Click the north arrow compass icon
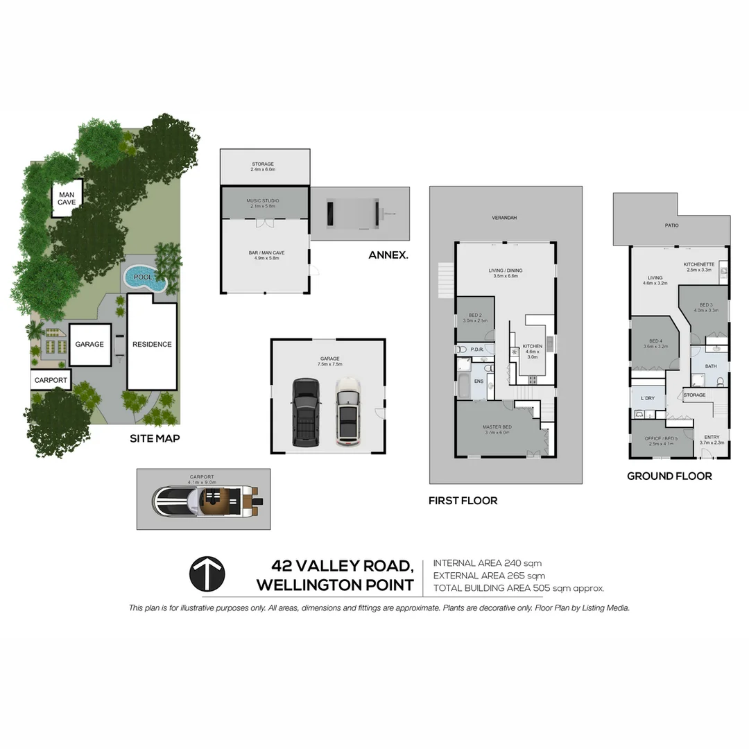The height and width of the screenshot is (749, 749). pos(207,574)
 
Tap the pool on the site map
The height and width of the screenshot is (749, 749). pos(145,278)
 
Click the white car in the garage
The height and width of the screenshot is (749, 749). pos(347,411)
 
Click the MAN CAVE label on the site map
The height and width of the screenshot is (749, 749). pos(67,198)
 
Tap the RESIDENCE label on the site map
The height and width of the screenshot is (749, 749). pos(152,344)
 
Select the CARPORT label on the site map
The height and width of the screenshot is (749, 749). pos(51,380)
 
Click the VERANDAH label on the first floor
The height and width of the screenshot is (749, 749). pos(504,218)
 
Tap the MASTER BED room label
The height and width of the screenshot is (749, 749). pos(497,428)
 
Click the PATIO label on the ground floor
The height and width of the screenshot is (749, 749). pos(671,225)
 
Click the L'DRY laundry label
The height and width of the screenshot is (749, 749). pos(648,398)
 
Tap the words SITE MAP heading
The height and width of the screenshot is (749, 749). pos(155,438)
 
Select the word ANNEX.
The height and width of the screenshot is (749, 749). pos(388,255)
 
